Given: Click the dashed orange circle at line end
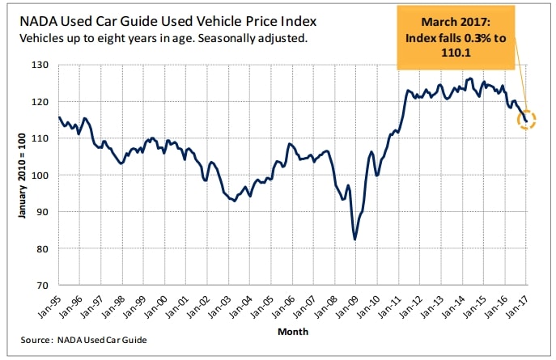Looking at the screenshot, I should pyautogui.click(x=528, y=120).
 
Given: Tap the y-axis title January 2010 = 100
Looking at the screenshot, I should pyautogui.click(x=19, y=175).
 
